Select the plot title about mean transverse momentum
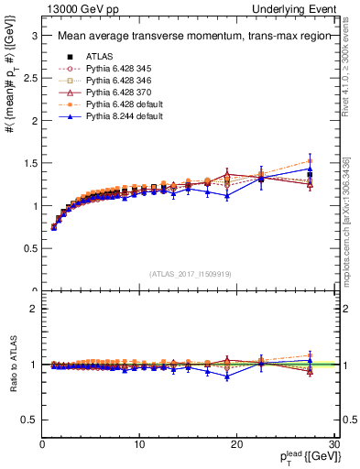pyautogui.click(x=182, y=37)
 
